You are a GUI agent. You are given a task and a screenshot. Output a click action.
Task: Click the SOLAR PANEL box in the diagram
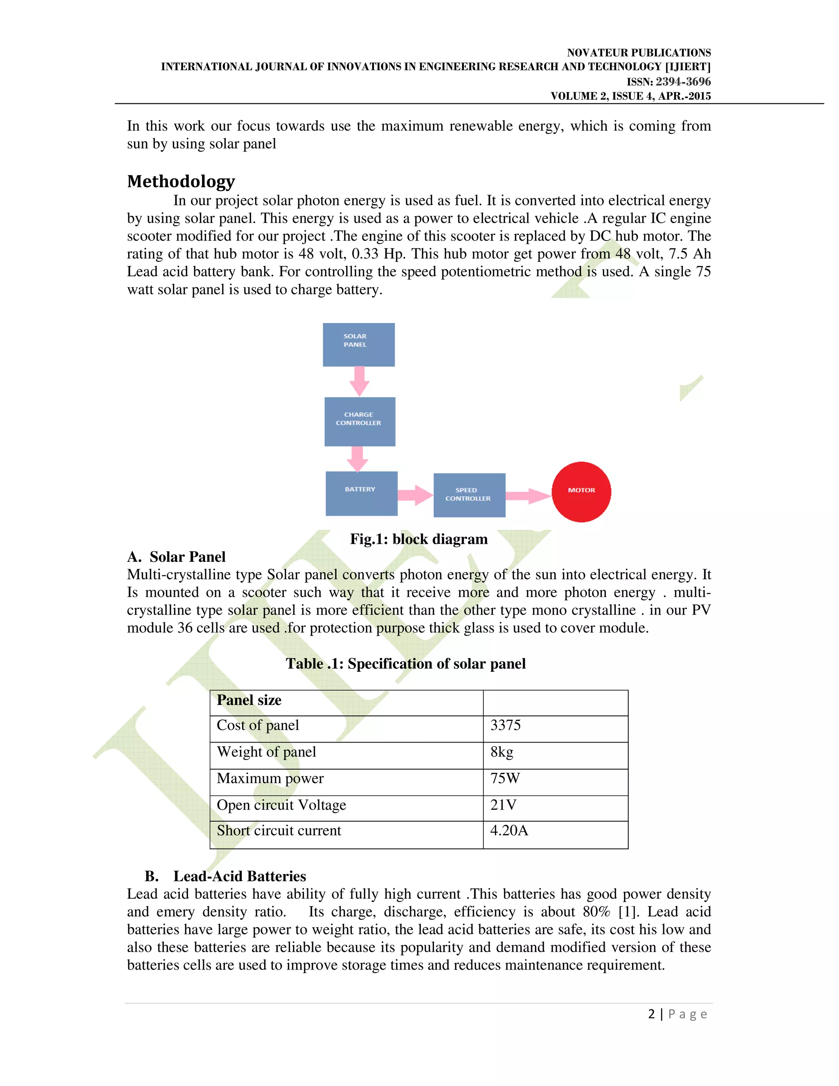coord(358,345)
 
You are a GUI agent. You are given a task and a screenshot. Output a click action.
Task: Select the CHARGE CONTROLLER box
coord(359,421)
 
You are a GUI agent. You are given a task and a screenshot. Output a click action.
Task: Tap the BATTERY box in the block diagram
coord(361,493)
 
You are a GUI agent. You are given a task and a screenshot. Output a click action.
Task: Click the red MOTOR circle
coord(581,492)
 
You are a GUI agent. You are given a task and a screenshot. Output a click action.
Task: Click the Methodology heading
coord(181,182)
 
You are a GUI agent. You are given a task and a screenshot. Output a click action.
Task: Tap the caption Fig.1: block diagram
coord(419,539)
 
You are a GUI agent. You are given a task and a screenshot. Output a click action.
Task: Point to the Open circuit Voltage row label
coord(281,804)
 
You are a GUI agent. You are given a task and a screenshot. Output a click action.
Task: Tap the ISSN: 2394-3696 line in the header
coord(668,82)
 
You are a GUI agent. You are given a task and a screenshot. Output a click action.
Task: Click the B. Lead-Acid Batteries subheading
coord(225,876)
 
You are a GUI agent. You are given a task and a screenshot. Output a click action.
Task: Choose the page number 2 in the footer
coord(651,1014)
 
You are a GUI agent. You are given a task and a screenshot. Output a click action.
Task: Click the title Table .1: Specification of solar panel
coord(405,663)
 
